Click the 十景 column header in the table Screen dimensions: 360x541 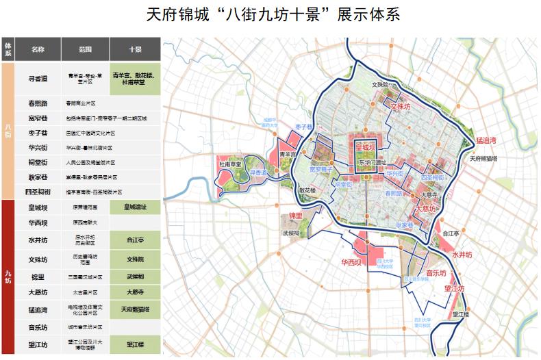tap(135, 50)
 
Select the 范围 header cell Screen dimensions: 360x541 tap(85, 50)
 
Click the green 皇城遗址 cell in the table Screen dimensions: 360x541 tap(135, 206)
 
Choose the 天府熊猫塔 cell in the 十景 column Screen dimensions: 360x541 tap(135, 310)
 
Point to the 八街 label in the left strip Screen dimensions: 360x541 tap(8, 130)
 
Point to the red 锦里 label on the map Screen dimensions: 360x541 tap(295, 216)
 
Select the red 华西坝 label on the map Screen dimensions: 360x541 tap(351, 262)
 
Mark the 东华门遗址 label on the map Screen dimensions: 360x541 tap(371, 162)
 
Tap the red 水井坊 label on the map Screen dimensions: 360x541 tap(463, 254)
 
